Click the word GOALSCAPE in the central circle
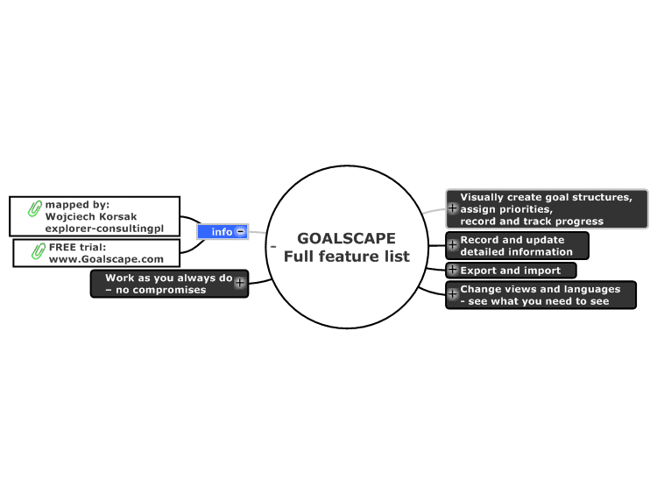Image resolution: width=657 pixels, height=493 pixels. (x=346, y=238)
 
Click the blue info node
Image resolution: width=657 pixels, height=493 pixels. (x=223, y=232)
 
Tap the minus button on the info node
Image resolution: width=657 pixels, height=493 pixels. (x=241, y=231)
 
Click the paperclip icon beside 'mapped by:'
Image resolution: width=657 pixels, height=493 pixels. (x=35, y=208)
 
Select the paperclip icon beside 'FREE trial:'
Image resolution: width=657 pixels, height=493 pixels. (x=39, y=250)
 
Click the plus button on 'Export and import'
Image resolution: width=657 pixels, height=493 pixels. (x=452, y=270)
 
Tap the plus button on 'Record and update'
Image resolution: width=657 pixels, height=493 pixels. (x=452, y=244)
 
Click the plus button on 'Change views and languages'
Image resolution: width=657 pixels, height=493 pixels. (x=452, y=294)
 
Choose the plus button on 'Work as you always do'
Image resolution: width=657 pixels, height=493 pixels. (x=240, y=283)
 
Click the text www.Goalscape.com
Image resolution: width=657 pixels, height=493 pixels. (x=106, y=259)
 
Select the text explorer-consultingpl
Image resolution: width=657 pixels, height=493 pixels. (x=104, y=229)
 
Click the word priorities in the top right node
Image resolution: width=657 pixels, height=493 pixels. (x=526, y=209)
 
